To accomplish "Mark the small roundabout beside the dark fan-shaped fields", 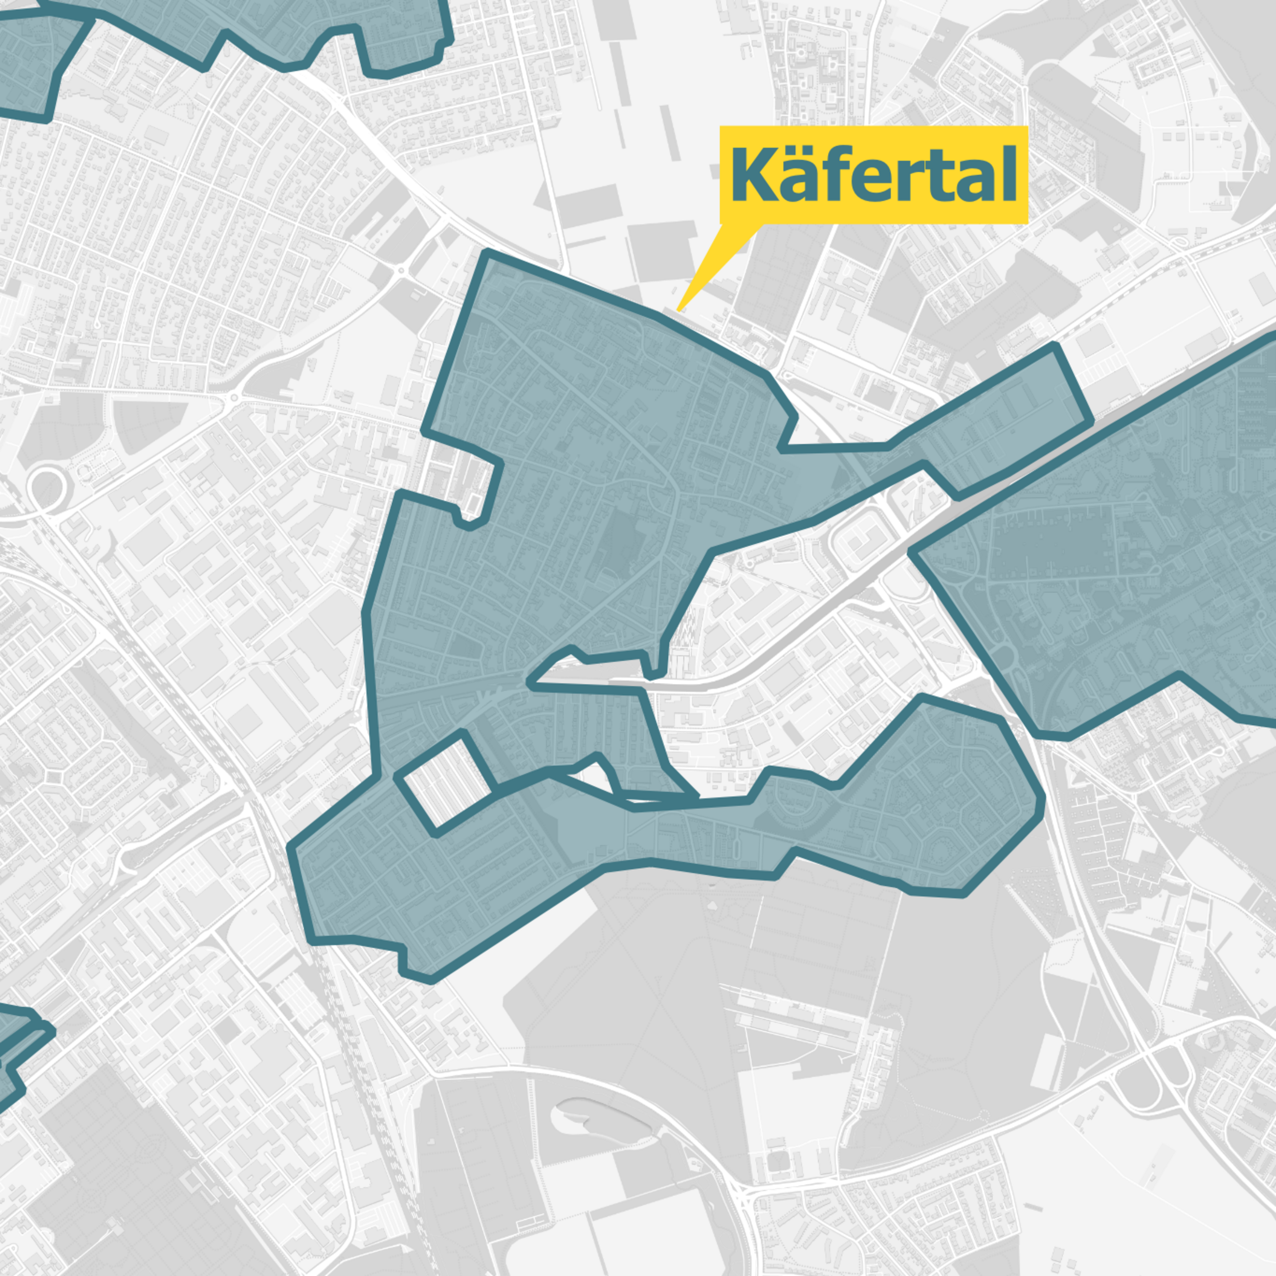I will tap(232, 398).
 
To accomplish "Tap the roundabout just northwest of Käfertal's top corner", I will tap(400, 270).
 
